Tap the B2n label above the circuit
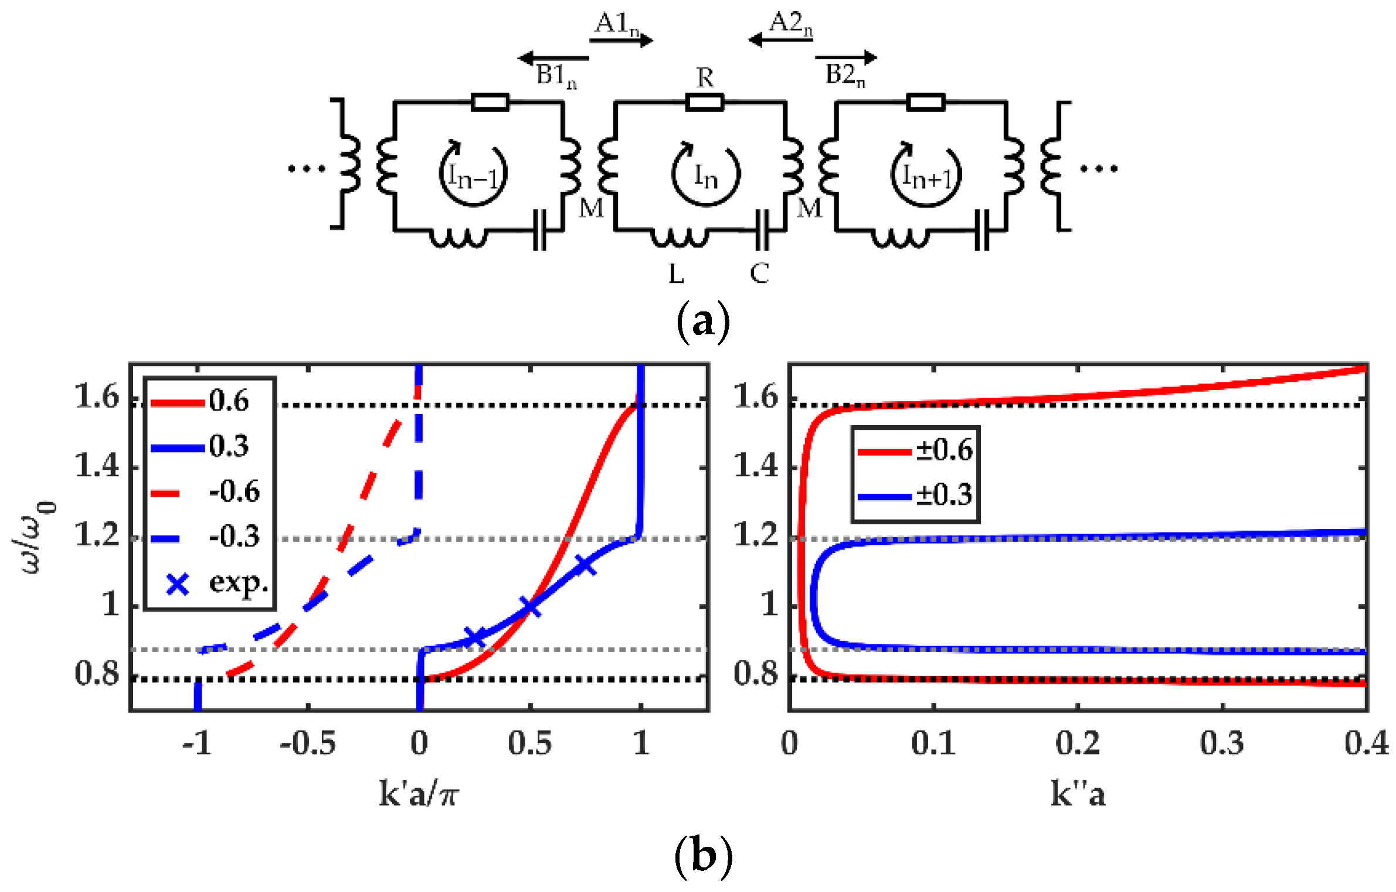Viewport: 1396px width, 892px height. [844, 74]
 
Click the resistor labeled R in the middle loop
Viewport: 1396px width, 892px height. [704, 103]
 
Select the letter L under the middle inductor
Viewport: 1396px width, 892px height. [676, 273]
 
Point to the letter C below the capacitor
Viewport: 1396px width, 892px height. [759, 273]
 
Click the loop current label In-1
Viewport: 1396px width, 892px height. [473, 175]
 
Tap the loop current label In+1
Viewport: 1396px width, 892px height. [926, 175]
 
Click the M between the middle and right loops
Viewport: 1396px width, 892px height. [809, 208]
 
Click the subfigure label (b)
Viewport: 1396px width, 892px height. [702, 856]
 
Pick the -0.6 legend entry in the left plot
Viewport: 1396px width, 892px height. [233, 491]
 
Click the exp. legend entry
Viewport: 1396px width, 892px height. [237, 582]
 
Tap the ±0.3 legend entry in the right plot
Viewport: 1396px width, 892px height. [943, 496]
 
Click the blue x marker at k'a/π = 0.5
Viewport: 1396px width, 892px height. [531, 607]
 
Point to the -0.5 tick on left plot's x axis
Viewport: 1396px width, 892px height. [308, 743]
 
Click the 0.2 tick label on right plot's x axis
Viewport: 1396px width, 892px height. [1078, 743]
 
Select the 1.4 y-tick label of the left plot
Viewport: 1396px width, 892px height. [97, 467]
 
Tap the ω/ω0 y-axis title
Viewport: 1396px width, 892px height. [35, 537]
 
